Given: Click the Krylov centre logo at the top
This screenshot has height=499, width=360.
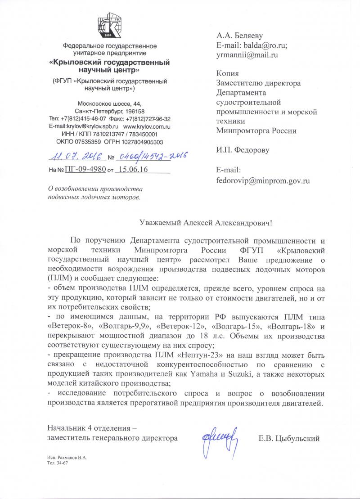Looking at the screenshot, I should pos(110,25).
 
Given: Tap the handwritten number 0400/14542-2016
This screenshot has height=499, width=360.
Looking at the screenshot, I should pos(151,156).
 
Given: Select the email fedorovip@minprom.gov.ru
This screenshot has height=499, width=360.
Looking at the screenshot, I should pos(263,180).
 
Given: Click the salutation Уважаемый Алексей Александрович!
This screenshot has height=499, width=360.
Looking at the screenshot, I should pos(206,222).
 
